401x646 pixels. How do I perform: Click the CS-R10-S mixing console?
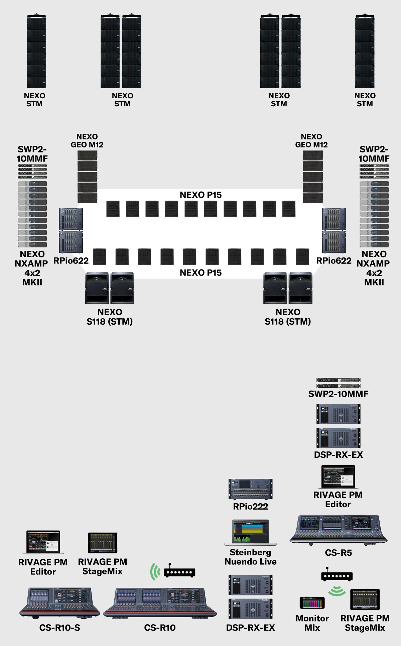pos(59,603)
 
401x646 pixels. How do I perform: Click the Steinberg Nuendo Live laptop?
pos(251,532)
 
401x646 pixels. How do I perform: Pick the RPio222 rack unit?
pos(251,489)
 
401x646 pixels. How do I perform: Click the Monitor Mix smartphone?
pos(312,603)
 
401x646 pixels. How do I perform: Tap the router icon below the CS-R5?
pos(337,575)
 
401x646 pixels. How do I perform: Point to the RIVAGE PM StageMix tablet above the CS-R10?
pos(103,543)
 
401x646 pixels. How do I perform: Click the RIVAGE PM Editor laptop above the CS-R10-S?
pos(43,542)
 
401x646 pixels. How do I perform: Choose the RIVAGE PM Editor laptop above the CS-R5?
pos(338,477)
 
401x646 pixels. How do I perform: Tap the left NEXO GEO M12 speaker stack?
pos(88,177)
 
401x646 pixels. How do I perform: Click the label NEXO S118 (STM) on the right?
pos(288,317)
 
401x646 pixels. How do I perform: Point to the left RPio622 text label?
pos(71,261)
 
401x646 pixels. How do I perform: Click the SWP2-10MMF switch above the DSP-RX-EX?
pos(338,383)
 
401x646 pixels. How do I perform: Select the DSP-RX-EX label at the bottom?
pos(251,628)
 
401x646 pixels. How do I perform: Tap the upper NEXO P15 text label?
pos(200,195)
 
